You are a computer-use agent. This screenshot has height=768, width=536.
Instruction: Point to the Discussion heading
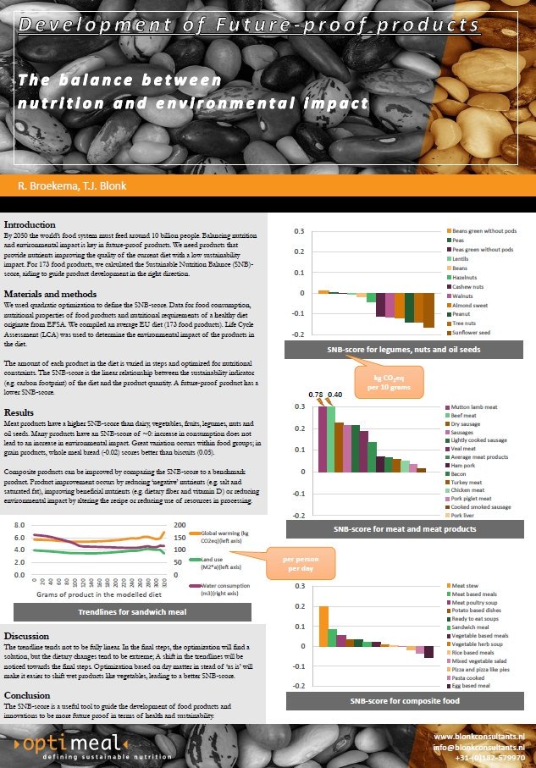(x=26, y=635)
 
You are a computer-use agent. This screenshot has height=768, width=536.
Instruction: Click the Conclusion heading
(x=27, y=695)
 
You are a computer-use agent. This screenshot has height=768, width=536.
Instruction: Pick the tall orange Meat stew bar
(x=323, y=626)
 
